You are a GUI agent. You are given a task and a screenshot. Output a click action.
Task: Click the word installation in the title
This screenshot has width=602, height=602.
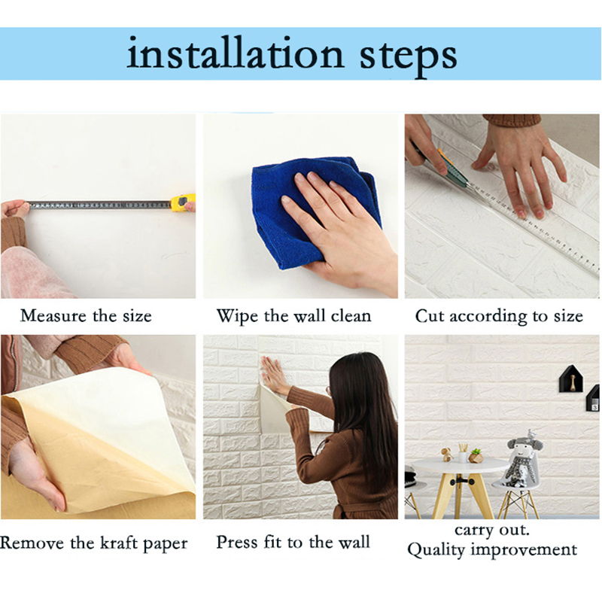tap(235, 53)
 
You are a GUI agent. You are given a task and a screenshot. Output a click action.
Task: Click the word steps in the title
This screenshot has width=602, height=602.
tap(408, 57)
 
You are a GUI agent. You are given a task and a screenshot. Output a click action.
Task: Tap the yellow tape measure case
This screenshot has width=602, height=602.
tap(182, 202)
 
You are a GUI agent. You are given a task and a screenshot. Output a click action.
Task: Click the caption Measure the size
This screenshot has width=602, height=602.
tap(86, 316)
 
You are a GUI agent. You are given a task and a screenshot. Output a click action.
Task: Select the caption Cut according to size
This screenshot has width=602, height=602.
tap(499, 317)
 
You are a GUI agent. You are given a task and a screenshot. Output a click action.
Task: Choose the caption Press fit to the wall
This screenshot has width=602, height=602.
tap(293, 543)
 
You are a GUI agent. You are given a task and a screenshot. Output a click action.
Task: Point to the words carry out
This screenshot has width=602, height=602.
tap(492, 531)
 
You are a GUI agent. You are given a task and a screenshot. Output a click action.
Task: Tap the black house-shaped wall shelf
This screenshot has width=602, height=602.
tap(571, 379)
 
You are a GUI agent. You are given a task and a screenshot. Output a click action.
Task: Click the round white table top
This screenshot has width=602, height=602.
tap(460, 465)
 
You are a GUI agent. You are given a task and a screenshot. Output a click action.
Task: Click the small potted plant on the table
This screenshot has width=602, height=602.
tap(476, 455)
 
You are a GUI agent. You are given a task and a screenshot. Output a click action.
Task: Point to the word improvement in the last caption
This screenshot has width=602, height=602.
tap(524, 550)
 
